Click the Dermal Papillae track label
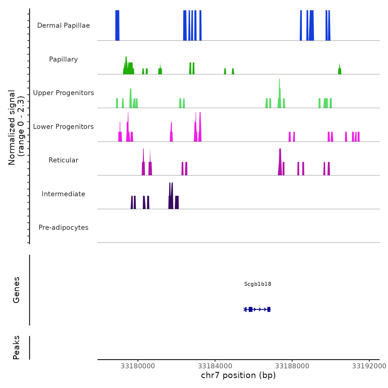(x=63, y=25)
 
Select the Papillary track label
(x=63, y=59)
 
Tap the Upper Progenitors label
(x=63, y=93)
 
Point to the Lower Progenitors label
(x=63, y=127)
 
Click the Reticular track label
(x=63, y=160)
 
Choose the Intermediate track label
(x=63, y=194)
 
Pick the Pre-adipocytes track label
(x=63, y=228)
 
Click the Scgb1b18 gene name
(x=257, y=284)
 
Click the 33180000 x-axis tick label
(x=138, y=366)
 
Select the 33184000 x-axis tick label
(x=215, y=366)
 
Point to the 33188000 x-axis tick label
(x=292, y=366)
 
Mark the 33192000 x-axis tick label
(x=369, y=366)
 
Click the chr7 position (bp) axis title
(x=238, y=375)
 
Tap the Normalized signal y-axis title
(x=16, y=127)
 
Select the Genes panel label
(x=16, y=290)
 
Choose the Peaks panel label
(x=16, y=348)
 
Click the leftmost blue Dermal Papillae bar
(x=117, y=25)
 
